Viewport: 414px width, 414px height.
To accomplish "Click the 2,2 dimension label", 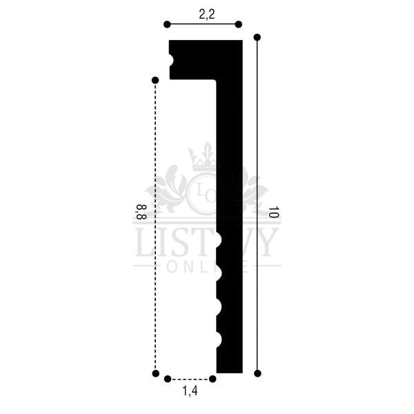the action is pyautogui.click(x=207, y=14).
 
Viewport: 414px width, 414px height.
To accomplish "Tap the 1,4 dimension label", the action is pyautogui.click(x=190, y=391).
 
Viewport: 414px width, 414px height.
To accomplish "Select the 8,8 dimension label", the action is pyautogui.click(x=141, y=212).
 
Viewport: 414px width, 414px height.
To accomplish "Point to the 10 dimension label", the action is pyautogui.click(x=273, y=212).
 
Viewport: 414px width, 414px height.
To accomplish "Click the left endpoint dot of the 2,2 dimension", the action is pyautogui.click(x=167, y=25).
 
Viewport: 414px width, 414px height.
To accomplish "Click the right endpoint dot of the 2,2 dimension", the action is pyautogui.click(x=239, y=25).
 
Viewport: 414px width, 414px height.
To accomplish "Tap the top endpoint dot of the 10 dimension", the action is pyautogui.click(x=257, y=37).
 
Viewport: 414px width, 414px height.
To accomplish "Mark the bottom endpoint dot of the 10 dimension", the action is pyautogui.click(x=257, y=373).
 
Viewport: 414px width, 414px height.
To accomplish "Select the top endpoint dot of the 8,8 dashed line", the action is pyautogui.click(x=155, y=80).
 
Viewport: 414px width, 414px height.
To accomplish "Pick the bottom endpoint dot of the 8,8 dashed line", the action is pyautogui.click(x=156, y=373).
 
